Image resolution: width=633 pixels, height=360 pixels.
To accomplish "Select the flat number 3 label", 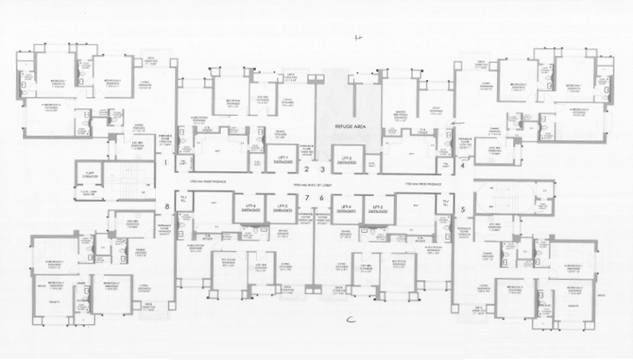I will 322,170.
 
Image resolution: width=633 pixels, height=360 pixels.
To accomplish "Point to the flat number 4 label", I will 464,166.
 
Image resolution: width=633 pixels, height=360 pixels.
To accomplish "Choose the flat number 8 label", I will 166,207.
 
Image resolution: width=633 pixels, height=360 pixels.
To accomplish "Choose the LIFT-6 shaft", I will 249,210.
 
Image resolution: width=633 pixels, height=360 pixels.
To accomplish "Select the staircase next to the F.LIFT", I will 129,178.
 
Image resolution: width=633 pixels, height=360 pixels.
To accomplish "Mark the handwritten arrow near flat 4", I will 458,121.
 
